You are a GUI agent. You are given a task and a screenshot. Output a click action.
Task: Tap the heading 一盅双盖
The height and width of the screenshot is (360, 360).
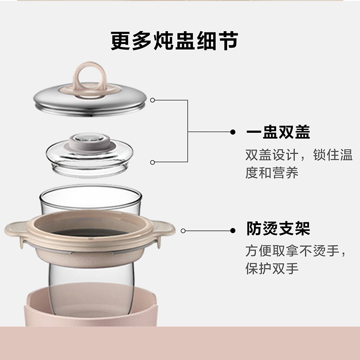point(278,132)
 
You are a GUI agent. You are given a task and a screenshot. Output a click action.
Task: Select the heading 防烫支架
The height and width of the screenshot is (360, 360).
point(278,229)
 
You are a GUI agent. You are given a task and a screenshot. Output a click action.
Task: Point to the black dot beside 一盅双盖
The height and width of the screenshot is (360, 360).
point(233,132)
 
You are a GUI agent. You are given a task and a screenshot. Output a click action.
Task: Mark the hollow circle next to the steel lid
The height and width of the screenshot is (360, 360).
point(153,100)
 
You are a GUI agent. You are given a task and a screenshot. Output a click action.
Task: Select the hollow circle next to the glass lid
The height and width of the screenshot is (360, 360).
point(153,162)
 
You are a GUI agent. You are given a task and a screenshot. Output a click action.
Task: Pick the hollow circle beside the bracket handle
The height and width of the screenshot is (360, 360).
point(184,231)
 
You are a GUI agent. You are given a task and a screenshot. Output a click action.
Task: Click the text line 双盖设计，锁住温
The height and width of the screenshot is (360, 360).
point(299,156)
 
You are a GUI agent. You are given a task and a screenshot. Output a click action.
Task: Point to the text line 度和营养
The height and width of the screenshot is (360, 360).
point(272,174)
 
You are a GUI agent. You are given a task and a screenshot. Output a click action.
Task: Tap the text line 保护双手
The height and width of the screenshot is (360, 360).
point(272,269)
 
